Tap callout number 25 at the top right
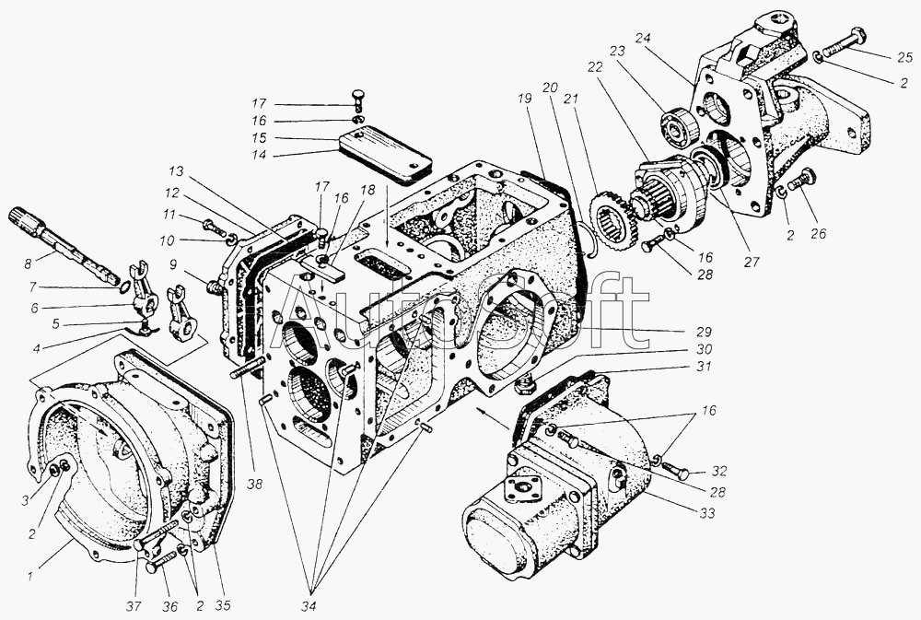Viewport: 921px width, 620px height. pyautogui.click(x=904, y=57)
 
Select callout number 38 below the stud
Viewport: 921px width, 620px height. pyautogui.click(x=255, y=484)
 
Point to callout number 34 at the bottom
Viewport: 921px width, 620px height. pyautogui.click(x=308, y=606)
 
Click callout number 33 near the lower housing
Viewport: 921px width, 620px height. pyautogui.click(x=707, y=513)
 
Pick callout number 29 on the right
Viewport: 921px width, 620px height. pyautogui.click(x=704, y=331)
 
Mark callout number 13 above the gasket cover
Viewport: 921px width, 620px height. pyautogui.click(x=175, y=172)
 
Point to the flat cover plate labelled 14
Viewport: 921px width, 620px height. pyautogui.click(x=385, y=158)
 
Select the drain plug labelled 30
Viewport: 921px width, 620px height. pyautogui.click(x=524, y=385)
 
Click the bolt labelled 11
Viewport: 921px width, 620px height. pyautogui.click(x=214, y=228)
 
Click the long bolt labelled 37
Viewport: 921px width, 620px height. pyautogui.click(x=157, y=534)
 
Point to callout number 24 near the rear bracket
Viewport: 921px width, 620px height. pyautogui.click(x=643, y=39)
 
